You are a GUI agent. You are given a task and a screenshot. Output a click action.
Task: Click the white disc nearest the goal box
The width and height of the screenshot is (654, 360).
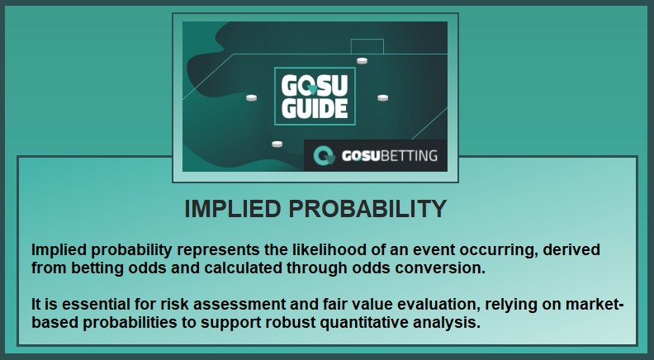click(362, 61)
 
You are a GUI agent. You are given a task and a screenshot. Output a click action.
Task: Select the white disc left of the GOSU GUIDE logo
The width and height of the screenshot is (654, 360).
click(251, 97)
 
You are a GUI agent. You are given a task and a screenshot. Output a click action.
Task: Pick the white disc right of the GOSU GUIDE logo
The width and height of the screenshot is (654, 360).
click(383, 97)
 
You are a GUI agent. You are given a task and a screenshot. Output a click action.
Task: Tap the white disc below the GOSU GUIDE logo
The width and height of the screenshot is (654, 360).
click(277, 144)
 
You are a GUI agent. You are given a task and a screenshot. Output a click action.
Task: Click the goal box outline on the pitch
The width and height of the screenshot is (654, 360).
click(367, 40)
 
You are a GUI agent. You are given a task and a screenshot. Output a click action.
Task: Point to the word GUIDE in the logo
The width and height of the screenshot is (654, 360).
click(315, 109)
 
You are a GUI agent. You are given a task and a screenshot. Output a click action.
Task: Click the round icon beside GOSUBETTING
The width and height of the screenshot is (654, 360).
click(324, 155)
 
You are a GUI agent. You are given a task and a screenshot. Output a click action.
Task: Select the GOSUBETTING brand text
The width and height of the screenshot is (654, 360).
click(390, 155)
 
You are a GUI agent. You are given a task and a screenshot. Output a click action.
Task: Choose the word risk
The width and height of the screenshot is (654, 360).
click(174, 305)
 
